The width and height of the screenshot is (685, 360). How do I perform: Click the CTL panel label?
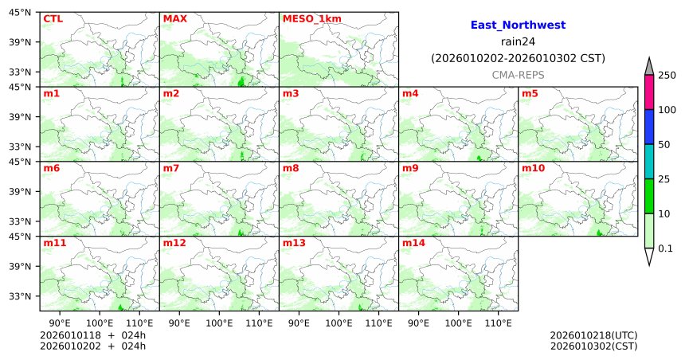[x=53, y=19]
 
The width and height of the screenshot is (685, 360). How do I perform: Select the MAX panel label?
[x=174, y=19]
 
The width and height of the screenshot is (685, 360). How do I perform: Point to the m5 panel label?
[x=530, y=94]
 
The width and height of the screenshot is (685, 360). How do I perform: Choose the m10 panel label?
[x=533, y=169]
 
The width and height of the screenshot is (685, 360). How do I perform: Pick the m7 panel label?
[x=171, y=169]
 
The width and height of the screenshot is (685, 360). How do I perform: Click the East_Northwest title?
[x=518, y=25]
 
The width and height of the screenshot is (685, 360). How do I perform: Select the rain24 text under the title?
[x=518, y=42]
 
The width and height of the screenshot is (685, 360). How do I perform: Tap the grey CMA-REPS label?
[x=518, y=74]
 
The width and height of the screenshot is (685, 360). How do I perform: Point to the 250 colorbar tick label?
[x=667, y=75]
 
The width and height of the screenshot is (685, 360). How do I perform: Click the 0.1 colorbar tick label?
[x=665, y=248]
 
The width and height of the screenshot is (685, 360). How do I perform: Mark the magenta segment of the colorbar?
[x=649, y=92]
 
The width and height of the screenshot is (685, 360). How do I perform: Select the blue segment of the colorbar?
[x=649, y=127]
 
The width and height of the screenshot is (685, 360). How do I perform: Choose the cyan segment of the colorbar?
[x=649, y=162]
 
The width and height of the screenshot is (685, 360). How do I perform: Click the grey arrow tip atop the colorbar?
[x=649, y=65]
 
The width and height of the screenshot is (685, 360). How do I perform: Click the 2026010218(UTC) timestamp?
[x=593, y=335]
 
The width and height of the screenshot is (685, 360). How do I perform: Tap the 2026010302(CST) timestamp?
[x=593, y=346]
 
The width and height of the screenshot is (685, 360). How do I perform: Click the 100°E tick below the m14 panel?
[x=459, y=323]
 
